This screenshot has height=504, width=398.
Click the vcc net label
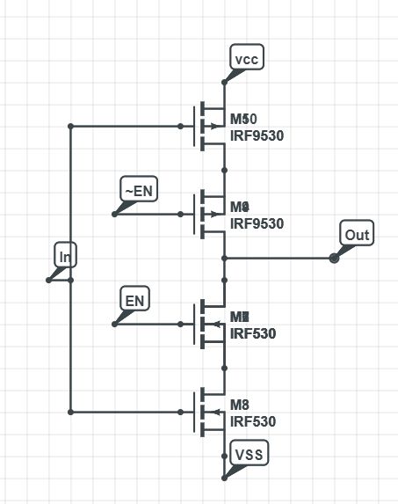[247, 58]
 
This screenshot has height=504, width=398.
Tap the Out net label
[357, 235]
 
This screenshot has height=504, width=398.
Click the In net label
[66, 256]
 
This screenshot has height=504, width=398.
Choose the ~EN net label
[138, 190]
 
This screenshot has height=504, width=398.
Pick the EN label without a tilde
[135, 301]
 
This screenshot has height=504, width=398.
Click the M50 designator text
[243, 119]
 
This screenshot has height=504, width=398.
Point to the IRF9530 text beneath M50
[257, 135]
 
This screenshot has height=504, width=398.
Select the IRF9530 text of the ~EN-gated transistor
[257, 223]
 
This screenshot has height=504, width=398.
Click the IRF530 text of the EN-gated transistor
[253, 333]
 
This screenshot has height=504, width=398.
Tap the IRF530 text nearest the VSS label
[253, 421]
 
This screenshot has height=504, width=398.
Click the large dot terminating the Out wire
[334, 258]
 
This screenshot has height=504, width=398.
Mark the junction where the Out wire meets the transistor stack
[225, 258]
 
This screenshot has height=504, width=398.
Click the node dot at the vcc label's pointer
[225, 82]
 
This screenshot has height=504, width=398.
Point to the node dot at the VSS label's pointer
[225, 478]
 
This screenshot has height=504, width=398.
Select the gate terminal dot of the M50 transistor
[181, 126]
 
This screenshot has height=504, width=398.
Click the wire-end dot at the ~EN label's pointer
[115, 214]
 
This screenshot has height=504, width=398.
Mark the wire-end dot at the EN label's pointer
[115, 324]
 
